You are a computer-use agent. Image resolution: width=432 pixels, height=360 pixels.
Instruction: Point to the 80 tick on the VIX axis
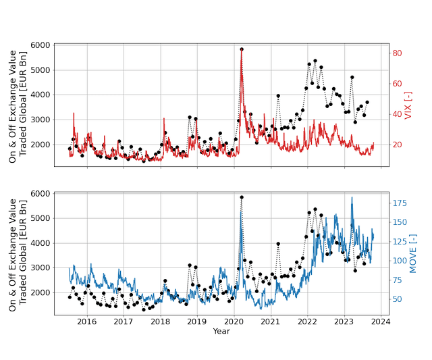(x=398, y=53)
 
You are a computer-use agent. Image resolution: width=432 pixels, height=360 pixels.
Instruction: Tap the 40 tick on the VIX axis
(x=398, y=114)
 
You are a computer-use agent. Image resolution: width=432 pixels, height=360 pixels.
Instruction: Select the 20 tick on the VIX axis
(x=398, y=145)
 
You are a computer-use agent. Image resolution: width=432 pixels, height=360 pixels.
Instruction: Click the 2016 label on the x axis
(x=86, y=322)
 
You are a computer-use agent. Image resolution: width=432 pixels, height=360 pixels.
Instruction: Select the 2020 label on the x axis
(x=234, y=322)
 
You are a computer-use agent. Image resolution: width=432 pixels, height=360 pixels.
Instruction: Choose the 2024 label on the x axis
(x=381, y=322)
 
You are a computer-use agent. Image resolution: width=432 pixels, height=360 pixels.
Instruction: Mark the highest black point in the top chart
(x=242, y=49)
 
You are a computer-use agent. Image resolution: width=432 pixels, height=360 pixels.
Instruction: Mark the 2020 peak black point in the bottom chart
(x=242, y=197)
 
